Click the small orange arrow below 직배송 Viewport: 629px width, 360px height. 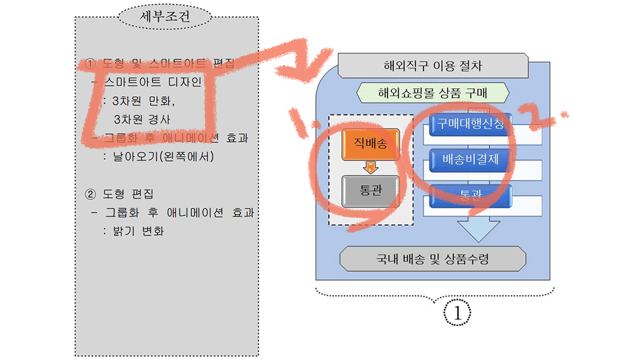point(370,167)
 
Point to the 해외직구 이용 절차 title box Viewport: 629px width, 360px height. point(433,65)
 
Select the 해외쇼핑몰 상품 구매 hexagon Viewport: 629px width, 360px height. point(433,94)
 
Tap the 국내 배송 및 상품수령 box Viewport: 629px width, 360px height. point(432,258)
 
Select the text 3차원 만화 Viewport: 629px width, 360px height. point(143,101)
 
